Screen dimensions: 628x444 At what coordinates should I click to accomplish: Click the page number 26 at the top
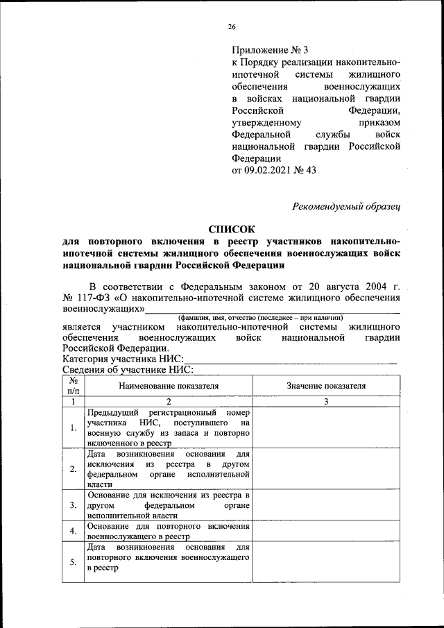point(232,27)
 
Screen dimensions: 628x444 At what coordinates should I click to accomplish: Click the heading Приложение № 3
point(269,50)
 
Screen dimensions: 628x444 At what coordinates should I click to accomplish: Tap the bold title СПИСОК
point(232,229)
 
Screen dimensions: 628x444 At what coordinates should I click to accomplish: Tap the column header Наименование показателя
point(168,386)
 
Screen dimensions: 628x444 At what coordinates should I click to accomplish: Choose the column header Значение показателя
point(326,386)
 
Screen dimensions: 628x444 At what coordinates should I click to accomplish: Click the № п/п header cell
point(73,386)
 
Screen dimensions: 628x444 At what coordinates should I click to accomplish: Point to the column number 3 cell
point(326,402)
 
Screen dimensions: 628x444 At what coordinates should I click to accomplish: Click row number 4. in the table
point(73,531)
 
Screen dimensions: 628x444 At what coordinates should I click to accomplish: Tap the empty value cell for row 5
point(326,561)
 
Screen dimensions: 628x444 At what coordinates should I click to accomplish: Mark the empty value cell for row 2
point(326,468)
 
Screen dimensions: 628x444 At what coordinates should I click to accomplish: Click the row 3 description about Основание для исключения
point(168,505)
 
